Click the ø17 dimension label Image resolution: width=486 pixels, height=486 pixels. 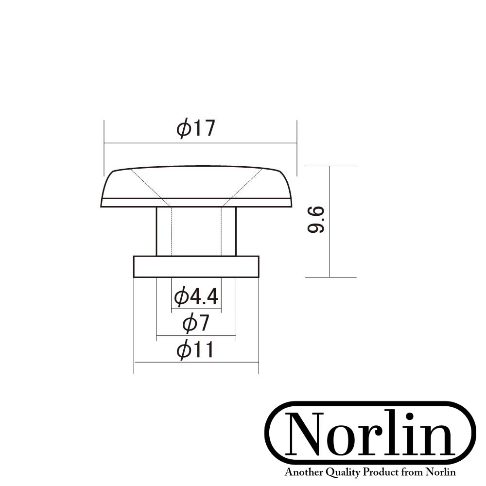[196, 129]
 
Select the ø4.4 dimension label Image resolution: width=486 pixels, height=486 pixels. [196, 296]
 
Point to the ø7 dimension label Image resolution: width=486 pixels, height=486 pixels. [196, 323]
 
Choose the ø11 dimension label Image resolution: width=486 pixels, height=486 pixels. [195, 350]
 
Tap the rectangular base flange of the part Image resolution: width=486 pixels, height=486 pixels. [196, 266]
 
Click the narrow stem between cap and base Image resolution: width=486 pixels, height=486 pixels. [196, 231]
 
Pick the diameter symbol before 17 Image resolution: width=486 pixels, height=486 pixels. [183, 129]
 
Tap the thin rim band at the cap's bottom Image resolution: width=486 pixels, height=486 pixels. [196, 203]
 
